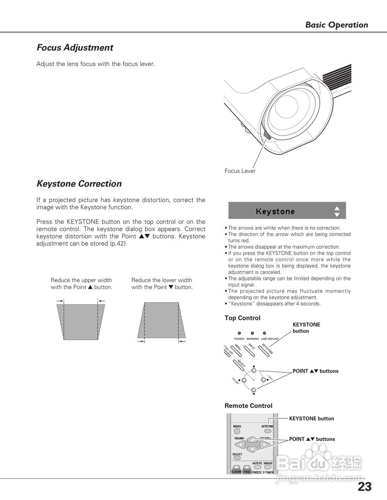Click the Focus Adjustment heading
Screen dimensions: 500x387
pyautogui.click(x=75, y=48)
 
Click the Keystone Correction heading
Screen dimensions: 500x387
pyautogui.click(x=79, y=184)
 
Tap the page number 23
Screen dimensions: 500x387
pyautogui.click(x=364, y=487)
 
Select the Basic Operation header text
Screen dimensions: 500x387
pyautogui.click(x=337, y=25)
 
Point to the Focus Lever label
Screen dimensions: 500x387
pyautogui.click(x=240, y=171)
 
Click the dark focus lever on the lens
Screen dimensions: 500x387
pyautogui.click(x=267, y=135)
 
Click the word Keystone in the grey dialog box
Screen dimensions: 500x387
pyautogui.click(x=275, y=211)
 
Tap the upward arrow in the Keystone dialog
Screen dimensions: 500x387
pyautogui.click(x=337, y=208)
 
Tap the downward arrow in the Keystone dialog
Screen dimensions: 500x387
pyautogui.click(x=337, y=214)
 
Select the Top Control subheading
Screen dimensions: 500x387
pyautogui.click(x=242, y=318)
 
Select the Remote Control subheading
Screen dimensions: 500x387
pyautogui.click(x=248, y=406)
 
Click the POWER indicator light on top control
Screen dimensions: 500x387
pyautogui.click(x=239, y=333)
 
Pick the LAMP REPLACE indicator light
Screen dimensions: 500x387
pyautogui.click(x=265, y=333)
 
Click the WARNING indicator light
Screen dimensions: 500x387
pyautogui.click(x=252, y=333)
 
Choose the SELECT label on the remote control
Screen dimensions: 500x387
pyautogui.click(x=237, y=454)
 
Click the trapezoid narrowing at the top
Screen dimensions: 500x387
pyautogui.click(x=161, y=320)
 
